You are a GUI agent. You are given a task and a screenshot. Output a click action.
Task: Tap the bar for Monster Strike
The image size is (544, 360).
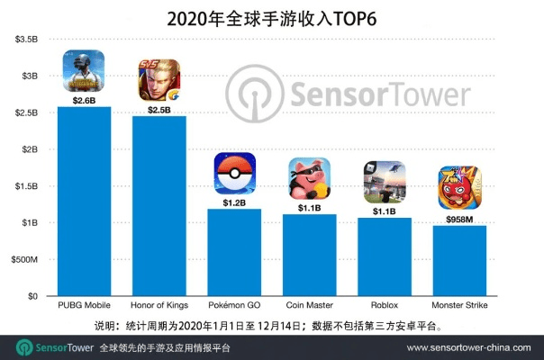click(x=459, y=260)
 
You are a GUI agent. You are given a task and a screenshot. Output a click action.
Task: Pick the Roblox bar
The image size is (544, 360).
click(x=385, y=256)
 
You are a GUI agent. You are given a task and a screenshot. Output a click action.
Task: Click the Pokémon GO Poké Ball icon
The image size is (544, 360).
click(x=234, y=175)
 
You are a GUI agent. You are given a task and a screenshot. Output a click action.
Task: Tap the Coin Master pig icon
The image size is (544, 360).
click(x=309, y=178)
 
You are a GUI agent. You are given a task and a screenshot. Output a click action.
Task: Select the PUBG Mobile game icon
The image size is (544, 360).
click(x=84, y=71)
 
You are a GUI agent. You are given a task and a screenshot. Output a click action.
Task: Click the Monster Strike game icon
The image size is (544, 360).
click(x=459, y=189)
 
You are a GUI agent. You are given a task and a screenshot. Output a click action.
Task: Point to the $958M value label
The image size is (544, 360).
click(x=459, y=218)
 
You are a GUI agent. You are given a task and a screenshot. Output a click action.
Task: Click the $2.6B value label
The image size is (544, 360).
click(x=84, y=101)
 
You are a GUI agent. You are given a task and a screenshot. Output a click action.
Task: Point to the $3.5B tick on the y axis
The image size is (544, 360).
click(x=25, y=40)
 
